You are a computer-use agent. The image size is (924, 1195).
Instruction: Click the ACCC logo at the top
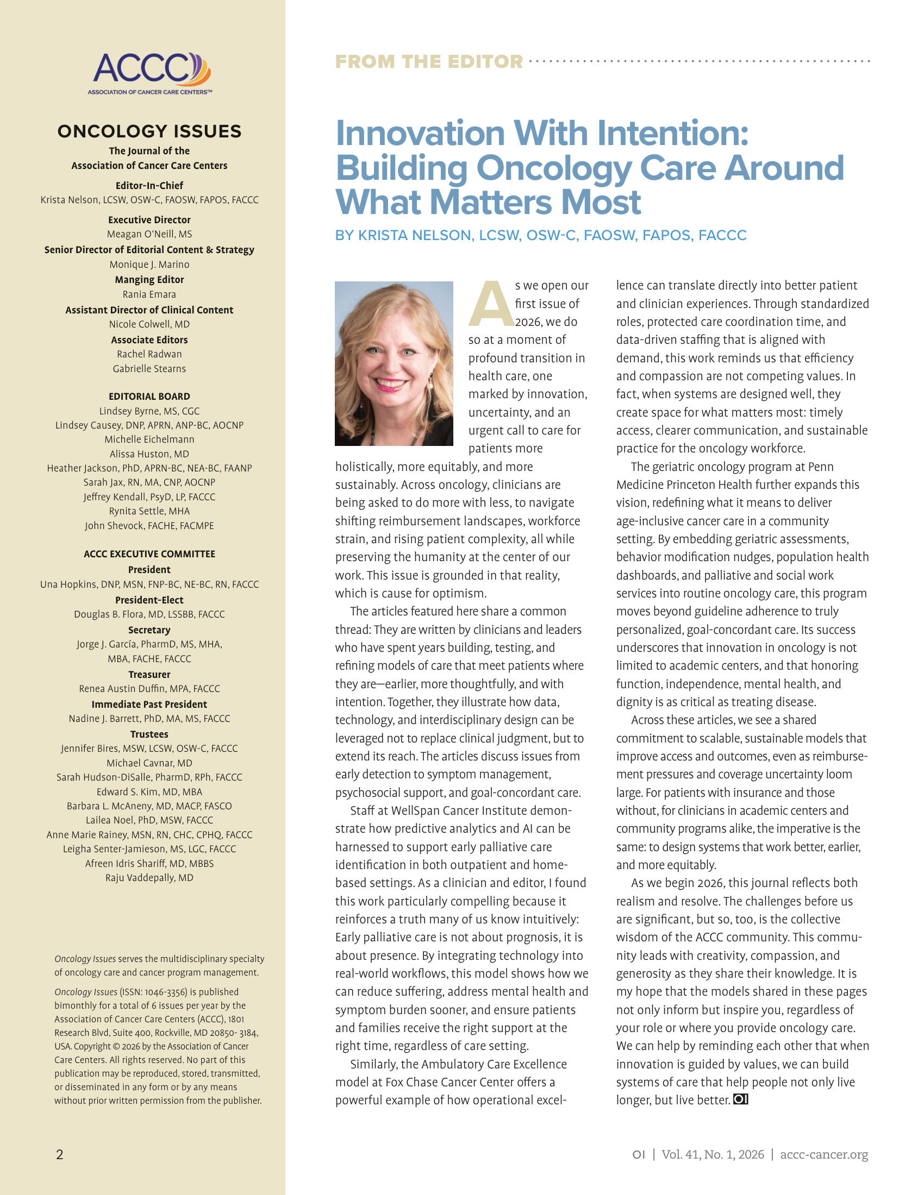click(x=149, y=73)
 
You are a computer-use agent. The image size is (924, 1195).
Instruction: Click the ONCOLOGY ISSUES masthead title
click(x=149, y=131)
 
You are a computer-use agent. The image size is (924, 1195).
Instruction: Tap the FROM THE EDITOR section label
click(x=429, y=62)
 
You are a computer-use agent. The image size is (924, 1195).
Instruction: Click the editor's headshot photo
click(x=394, y=363)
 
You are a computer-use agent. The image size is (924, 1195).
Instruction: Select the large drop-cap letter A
click(x=490, y=304)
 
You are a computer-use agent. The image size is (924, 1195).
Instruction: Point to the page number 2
click(x=60, y=1154)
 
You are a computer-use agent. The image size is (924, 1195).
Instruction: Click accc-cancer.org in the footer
click(x=824, y=1154)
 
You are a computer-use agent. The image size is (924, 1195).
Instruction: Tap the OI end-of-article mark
click(x=740, y=1099)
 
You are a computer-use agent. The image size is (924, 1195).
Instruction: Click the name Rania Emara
click(x=149, y=294)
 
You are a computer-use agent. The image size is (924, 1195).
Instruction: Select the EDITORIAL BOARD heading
click(x=149, y=396)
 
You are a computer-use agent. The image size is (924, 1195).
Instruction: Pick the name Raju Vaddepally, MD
click(x=149, y=878)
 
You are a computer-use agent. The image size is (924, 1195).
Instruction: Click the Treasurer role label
click(x=149, y=674)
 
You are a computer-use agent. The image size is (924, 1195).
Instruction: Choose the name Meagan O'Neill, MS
click(x=149, y=234)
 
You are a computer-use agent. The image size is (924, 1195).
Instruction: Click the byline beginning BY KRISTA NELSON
click(x=541, y=235)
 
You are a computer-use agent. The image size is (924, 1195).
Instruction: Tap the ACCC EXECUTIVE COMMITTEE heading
click(x=149, y=554)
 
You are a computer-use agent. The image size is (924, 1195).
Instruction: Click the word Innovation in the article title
click(x=420, y=134)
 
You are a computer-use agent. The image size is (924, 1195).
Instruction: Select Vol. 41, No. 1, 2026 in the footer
click(x=713, y=1154)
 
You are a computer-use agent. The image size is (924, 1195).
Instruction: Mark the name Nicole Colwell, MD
click(x=149, y=324)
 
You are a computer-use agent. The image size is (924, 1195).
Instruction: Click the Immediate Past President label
click(x=149, y=704)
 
